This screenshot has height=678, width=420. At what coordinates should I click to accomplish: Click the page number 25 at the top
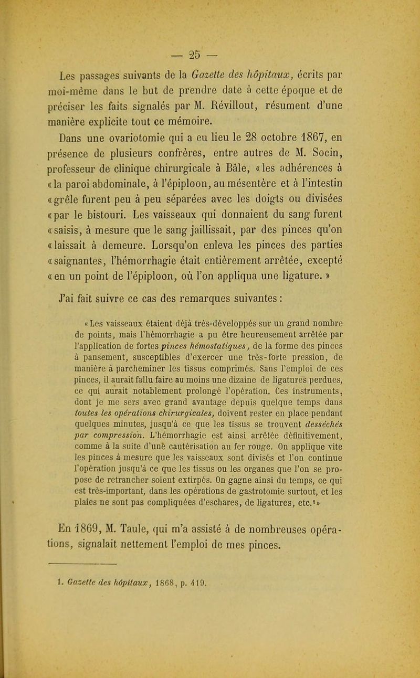209,13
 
